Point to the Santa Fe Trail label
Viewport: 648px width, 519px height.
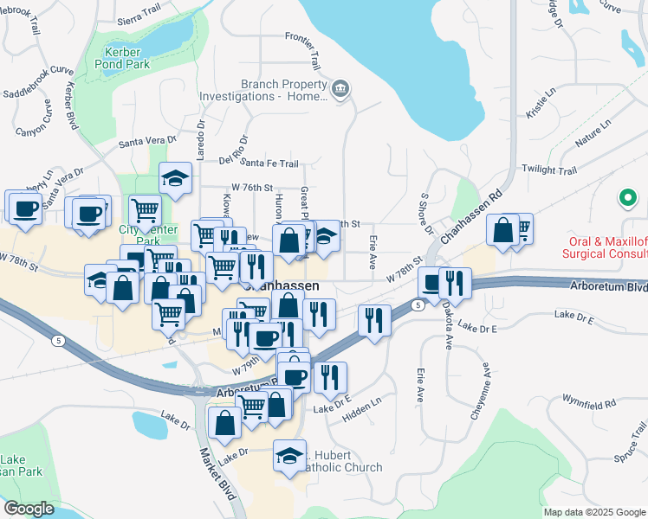tap(269, 163)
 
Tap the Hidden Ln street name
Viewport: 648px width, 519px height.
tap(364, 405)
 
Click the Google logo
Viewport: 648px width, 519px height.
tap(29, 509)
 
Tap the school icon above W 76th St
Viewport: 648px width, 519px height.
tap(175, 178)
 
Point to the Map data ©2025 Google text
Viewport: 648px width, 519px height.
tap(593, 512)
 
